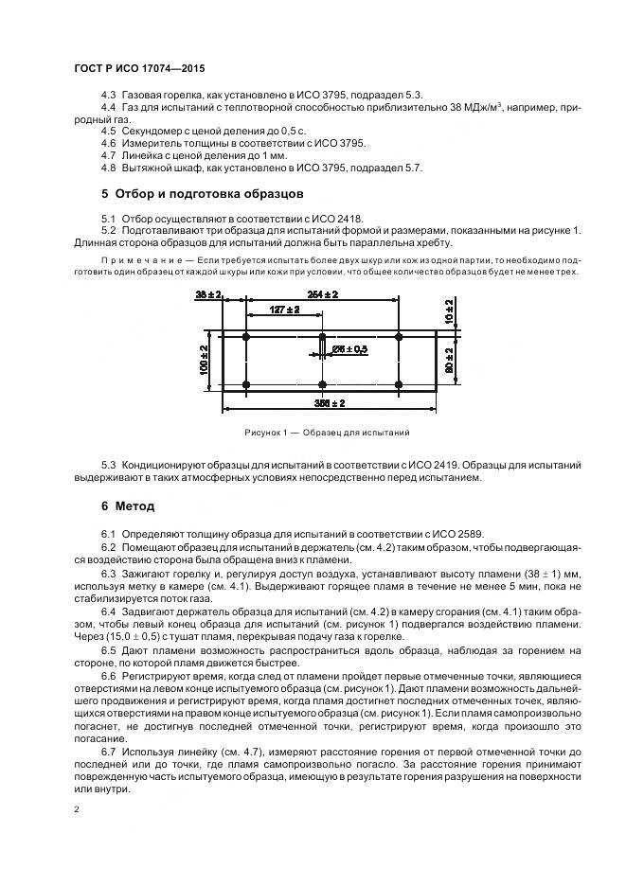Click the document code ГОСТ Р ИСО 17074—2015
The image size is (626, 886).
pyautogui.click(x=139, y=70)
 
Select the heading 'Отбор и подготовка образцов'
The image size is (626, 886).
pyautogui.click(x=203, y=194)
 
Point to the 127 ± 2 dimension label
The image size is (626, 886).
pyautogui.click(x=284, y=310)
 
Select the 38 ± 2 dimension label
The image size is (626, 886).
pyautogui.click(x=208, y=295)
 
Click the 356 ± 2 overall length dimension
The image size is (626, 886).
pyautogui.click(x=330, y=403)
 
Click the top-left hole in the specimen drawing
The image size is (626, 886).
pyautogui.click(x=246, y=337)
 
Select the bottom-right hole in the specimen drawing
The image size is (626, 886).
pyautogui.click(x=400, y=383)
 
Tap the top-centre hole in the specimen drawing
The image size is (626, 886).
pyautogui.click(x=323, y=337)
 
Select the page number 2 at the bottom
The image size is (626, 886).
pyautogui.click(x=76, y=809)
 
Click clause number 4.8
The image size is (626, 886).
pyautogui.click(x=108, y=168)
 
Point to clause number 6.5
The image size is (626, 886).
pyautogui.click(x=108, y=652)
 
